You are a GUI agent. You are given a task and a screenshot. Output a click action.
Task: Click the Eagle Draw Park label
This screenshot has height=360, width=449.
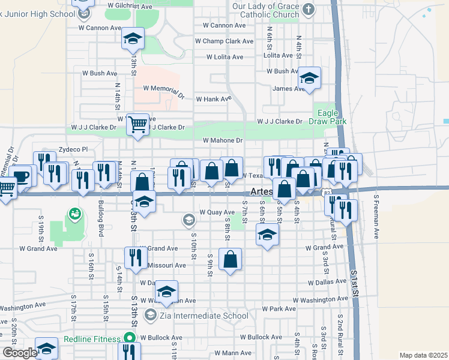[x=330, y=117]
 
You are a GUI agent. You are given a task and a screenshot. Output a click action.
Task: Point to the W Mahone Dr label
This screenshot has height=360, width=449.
[x=222, y=140]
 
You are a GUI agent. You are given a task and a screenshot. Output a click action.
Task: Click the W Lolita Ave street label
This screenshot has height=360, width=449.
[x=224, y=57]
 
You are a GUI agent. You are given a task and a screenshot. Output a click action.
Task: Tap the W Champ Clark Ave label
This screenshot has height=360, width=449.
[x=224, y=41]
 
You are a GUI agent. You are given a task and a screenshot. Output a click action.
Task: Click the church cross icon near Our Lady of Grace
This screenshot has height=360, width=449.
[x=309, y=9]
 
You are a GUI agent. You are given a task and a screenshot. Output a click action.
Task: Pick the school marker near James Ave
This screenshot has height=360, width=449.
[x=310, y=78]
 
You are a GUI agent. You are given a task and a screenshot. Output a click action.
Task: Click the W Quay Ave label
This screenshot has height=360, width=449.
[x=217, y=212]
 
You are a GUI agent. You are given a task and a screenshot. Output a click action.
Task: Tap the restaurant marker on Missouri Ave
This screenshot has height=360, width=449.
[x=135, y=258]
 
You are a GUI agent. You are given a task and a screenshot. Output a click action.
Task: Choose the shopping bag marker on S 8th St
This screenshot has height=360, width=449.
[x=231, y=260]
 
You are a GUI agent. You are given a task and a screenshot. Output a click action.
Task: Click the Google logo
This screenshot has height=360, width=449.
[x=20, y=353]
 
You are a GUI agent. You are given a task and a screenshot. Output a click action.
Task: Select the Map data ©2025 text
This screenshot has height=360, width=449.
[x=423, y=355]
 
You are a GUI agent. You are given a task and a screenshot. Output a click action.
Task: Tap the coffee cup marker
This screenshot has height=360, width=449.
[x=21, y=176]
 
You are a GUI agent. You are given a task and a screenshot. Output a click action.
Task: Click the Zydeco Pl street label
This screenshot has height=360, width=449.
[x=73, y=149]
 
